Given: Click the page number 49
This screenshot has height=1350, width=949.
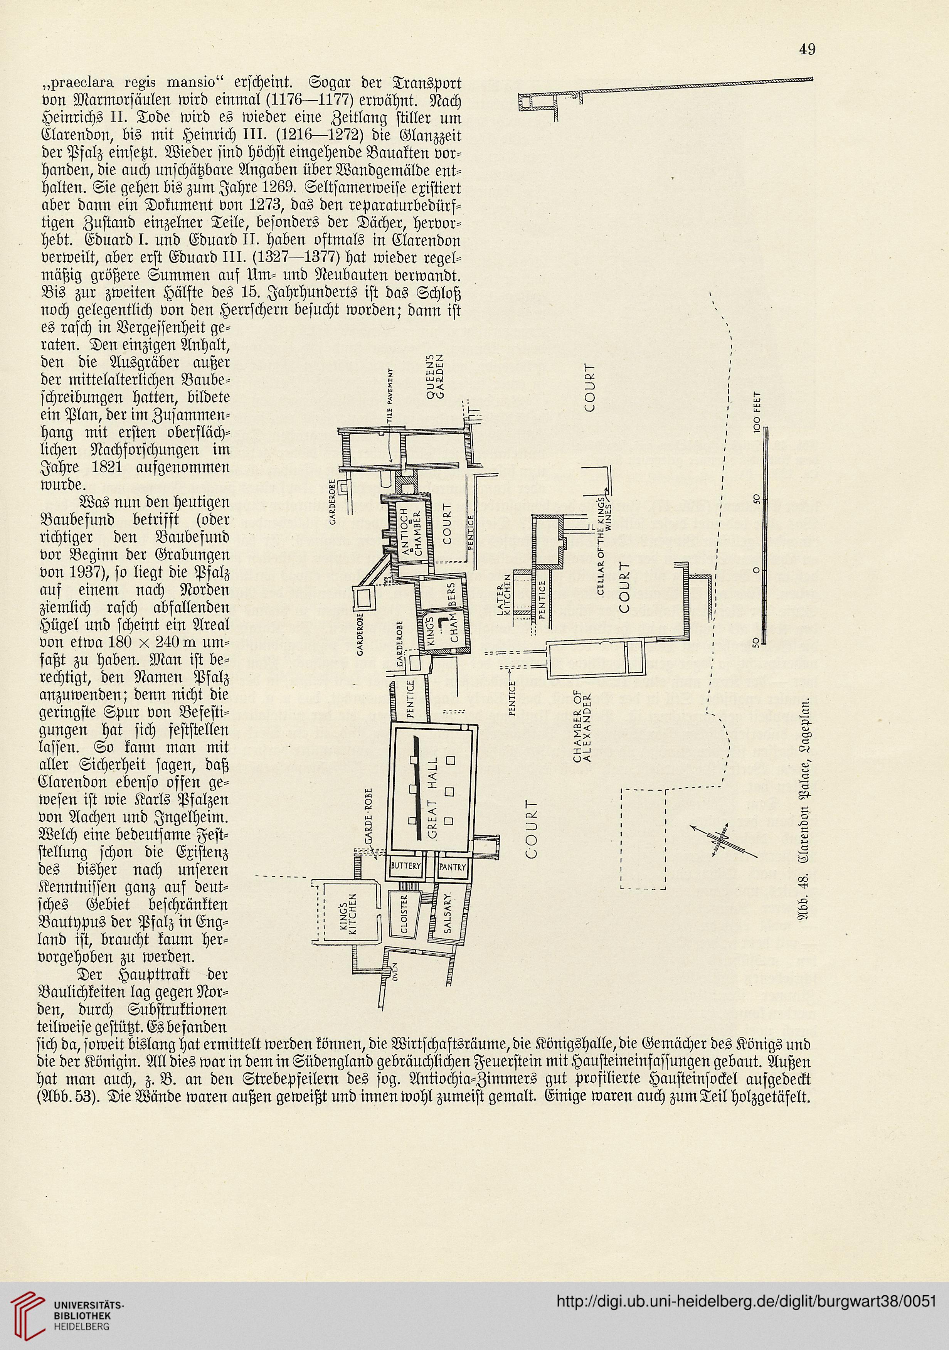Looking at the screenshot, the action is click(807, 49).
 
